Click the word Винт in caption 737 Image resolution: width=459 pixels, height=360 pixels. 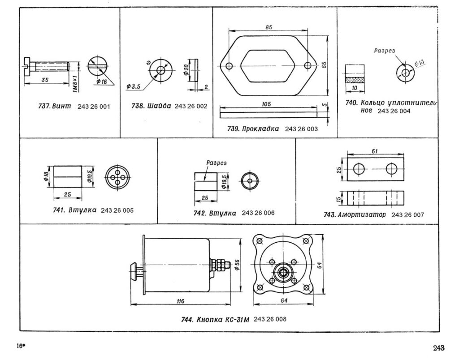click(62, 106)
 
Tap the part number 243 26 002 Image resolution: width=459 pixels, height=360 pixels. click(191, 106)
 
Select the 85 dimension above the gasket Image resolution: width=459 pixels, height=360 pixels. click(269, 27)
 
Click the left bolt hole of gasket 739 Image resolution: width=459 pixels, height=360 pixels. click(229, 66)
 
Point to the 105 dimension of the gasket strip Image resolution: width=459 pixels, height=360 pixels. click(266, 104)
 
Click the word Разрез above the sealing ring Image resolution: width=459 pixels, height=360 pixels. click(384, 51)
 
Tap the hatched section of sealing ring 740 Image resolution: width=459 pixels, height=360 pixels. click(355, 80)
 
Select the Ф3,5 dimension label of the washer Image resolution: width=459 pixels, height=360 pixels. click(134, 86)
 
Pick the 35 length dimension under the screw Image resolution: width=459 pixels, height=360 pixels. click(45, 80)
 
